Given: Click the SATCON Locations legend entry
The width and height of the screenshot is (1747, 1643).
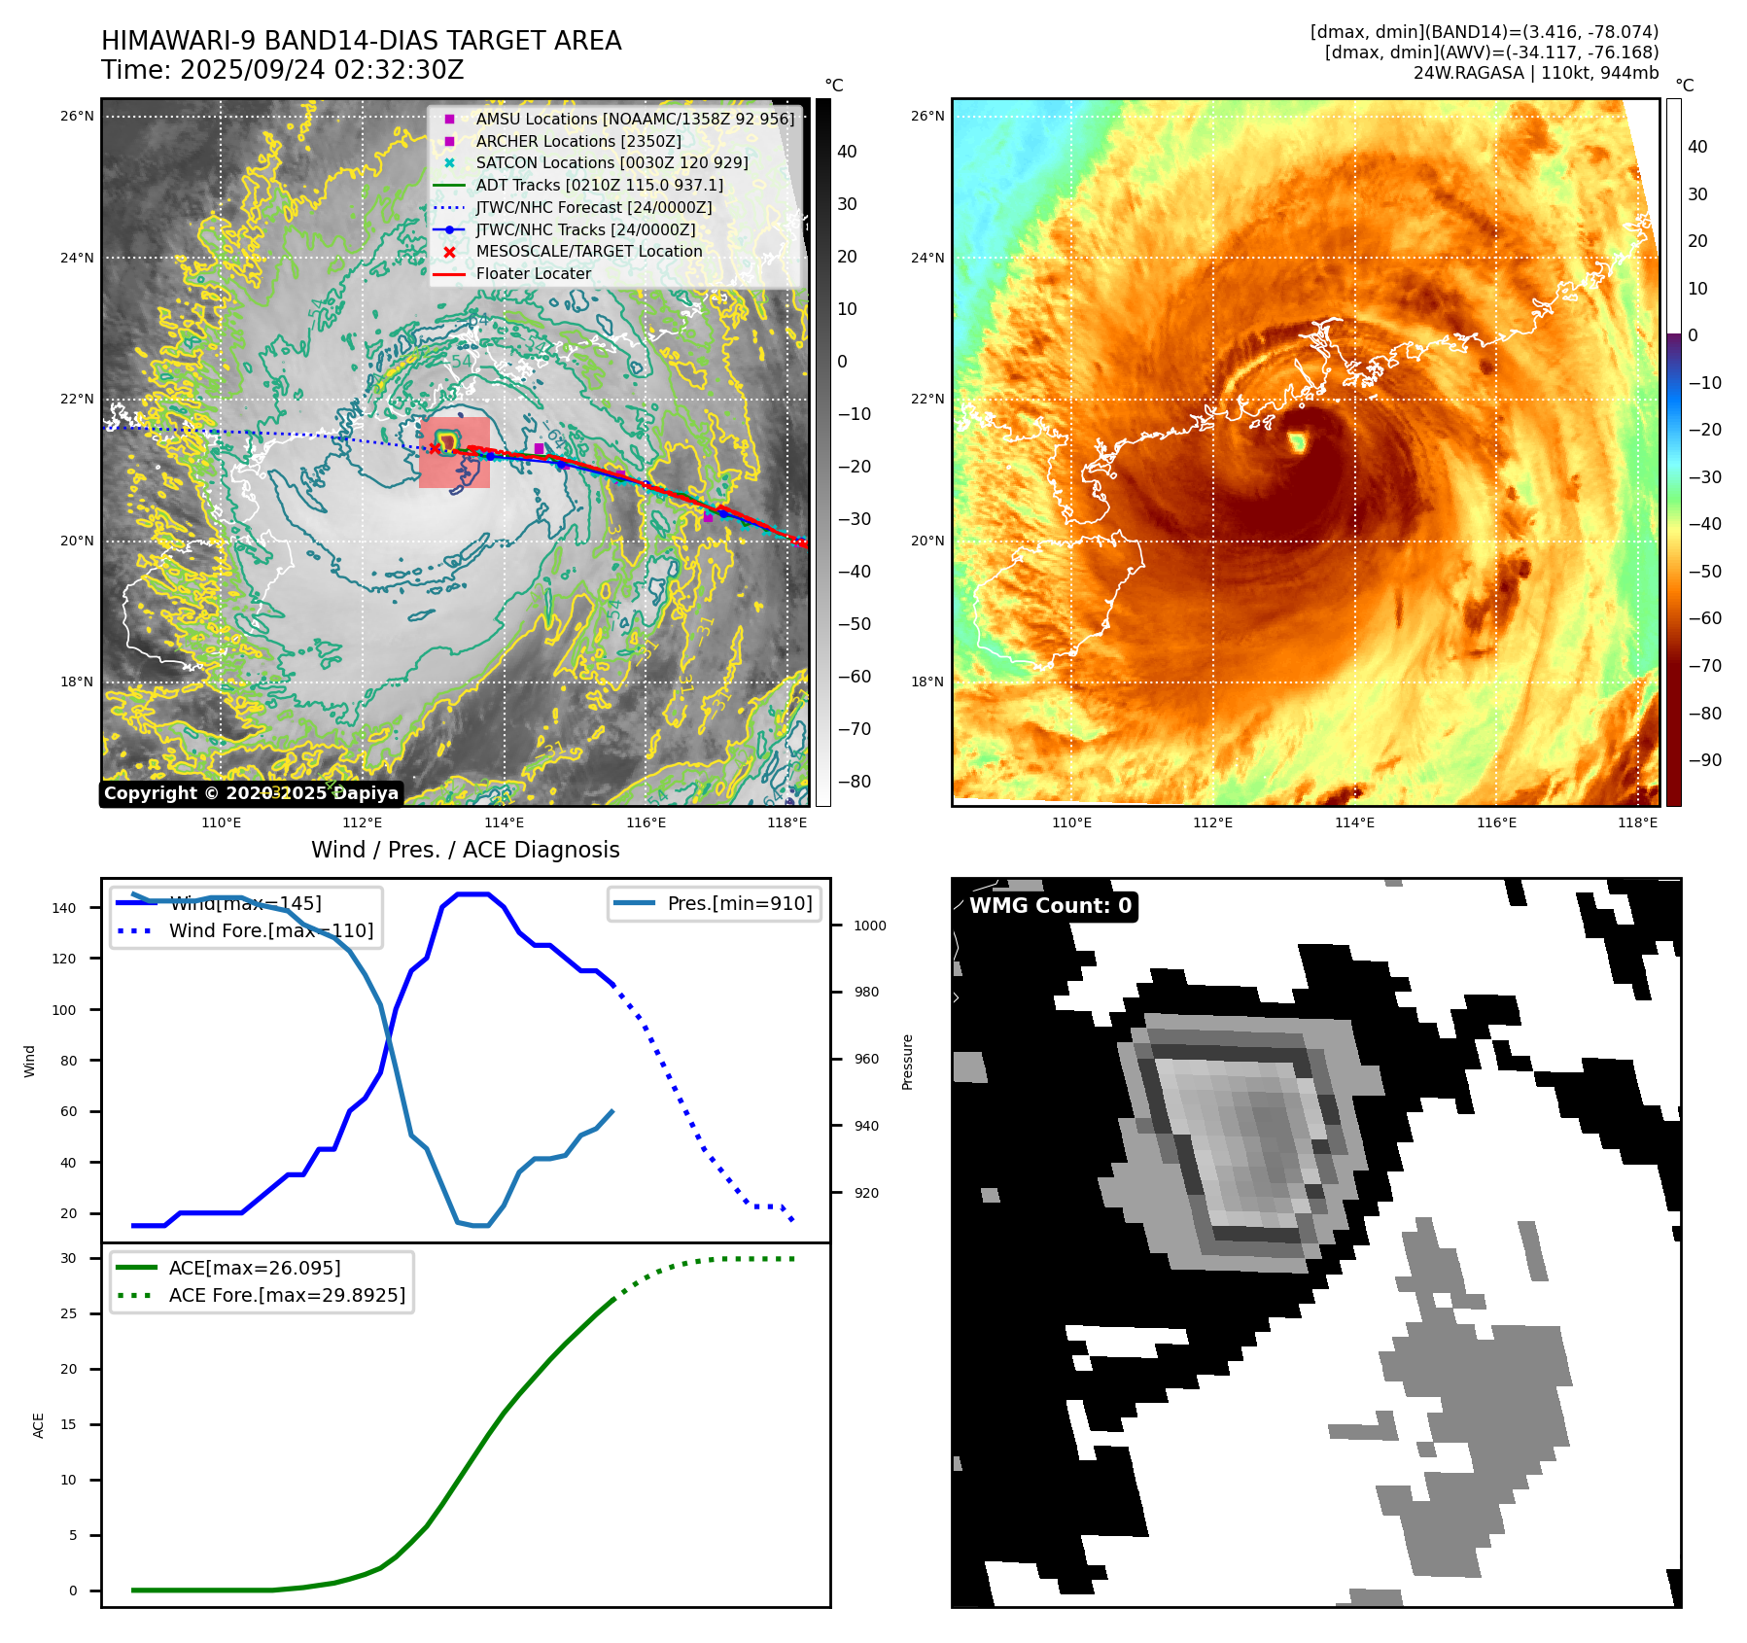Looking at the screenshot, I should [611, 163].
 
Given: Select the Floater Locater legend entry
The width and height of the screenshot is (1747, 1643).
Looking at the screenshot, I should [533, 274].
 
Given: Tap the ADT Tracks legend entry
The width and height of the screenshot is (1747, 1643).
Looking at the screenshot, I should [599, 186].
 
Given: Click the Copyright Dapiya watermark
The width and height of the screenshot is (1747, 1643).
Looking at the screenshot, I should [251, 793].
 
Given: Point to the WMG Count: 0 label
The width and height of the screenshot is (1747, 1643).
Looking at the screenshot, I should [1050, 906].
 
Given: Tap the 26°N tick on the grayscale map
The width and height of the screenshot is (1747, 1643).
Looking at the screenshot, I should [78, 117].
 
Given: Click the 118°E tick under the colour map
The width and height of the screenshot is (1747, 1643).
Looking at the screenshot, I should [1637, 823].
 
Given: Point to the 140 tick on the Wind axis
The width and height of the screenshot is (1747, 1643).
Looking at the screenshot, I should [64, 908].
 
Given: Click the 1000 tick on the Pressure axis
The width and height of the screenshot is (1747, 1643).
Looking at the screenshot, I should [870, 926].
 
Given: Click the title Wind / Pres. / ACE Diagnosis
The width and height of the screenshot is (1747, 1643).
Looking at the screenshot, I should [465, 850].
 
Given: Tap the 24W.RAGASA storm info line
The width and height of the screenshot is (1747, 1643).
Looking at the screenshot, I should [1535, 73].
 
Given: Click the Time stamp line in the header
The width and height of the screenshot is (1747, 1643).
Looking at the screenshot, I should [283, 71].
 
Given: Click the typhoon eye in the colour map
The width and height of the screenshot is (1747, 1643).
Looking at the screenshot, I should [1297, 443].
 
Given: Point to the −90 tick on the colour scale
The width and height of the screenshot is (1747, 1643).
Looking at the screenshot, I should [1704, 760].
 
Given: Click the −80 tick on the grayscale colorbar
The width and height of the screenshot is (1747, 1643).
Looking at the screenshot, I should [855, 782].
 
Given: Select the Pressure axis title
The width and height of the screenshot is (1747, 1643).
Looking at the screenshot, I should [907, 1062].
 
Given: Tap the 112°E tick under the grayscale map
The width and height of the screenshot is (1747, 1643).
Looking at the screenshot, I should [362, 823].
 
